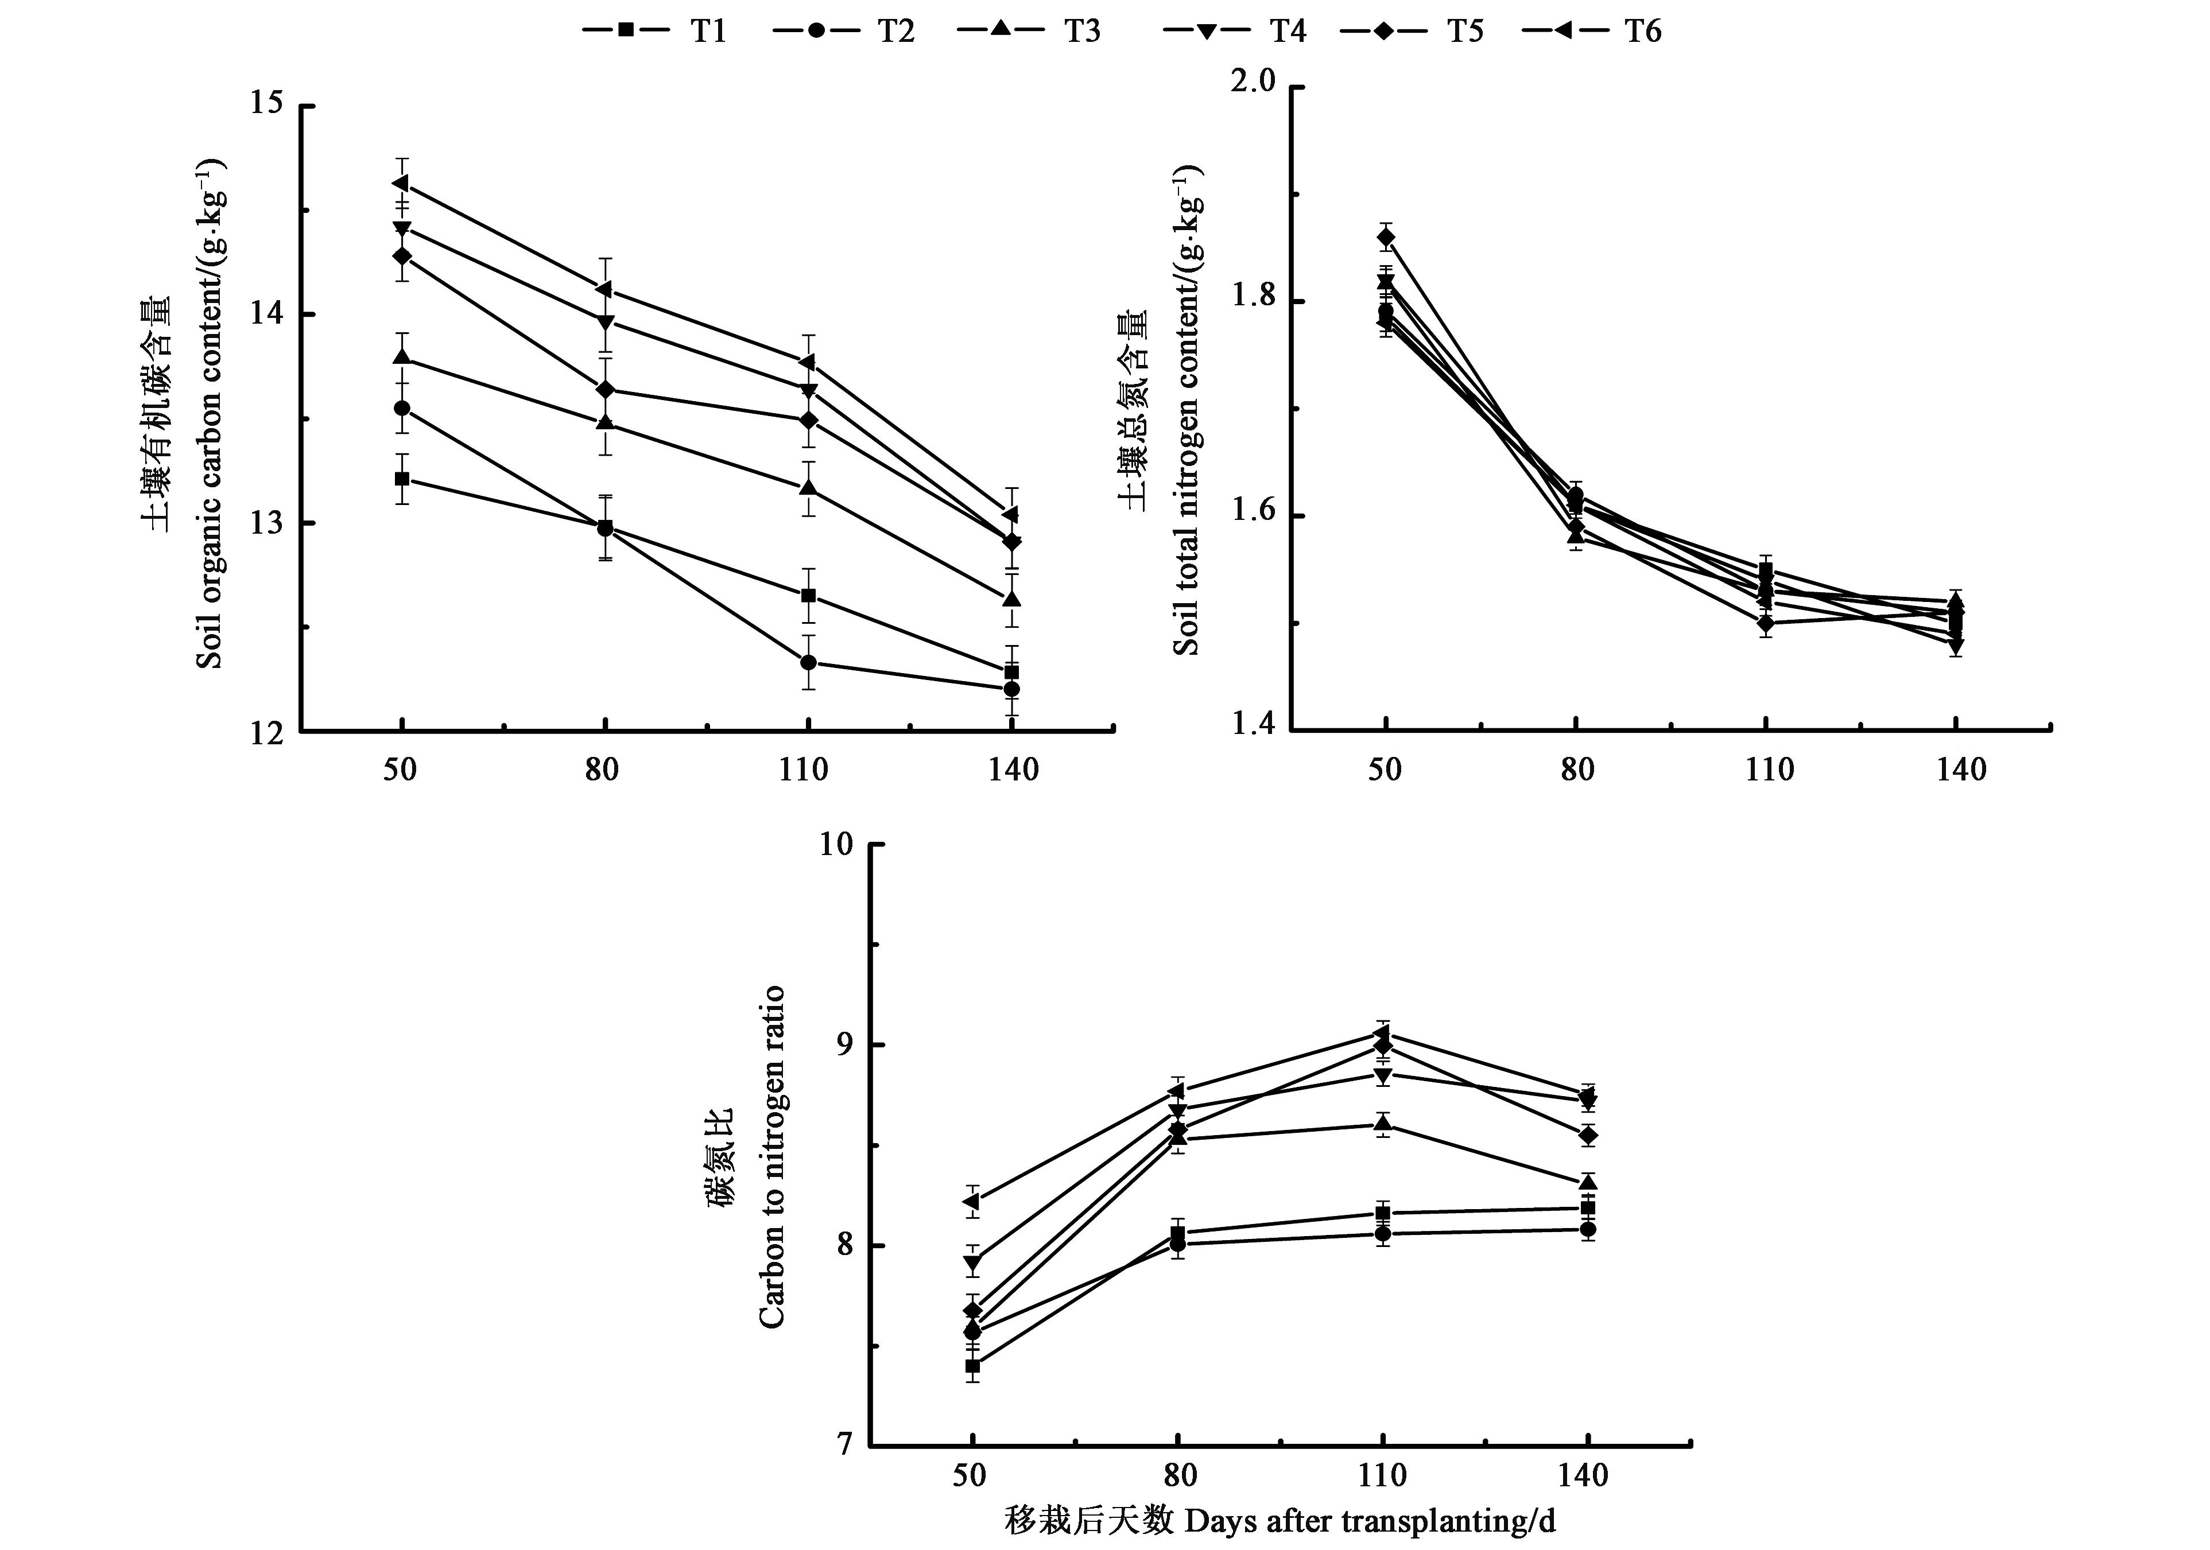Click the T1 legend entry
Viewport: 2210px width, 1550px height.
(654, 31)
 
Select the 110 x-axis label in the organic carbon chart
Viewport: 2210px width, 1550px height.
(805, 770)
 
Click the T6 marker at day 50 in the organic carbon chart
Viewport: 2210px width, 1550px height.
(401, 183)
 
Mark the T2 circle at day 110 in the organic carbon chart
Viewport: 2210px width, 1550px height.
(809, 662)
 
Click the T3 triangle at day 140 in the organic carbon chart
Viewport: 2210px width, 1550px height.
(1011, 599)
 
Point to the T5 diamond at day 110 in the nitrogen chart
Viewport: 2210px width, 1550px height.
(1766, 623)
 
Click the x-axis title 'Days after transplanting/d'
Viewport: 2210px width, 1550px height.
(1280, 1521)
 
